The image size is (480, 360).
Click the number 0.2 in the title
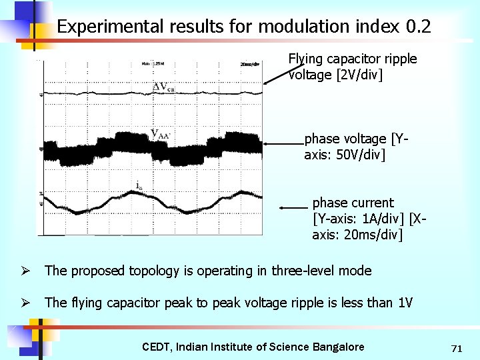[x=418, y=27]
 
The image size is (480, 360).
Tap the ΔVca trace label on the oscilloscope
[x=164, y=87]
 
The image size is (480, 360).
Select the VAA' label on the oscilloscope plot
[x=161, y=133]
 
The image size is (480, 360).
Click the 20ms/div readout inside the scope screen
[x=250, y=64]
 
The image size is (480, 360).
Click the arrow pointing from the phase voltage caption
[x=283, y=143]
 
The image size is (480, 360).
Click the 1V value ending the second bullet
[x=405, y=303]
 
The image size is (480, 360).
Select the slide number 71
[x=457, y=348]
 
